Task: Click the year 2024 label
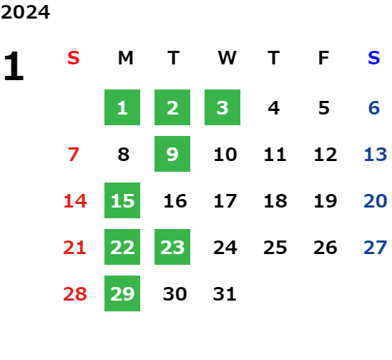coord(25,12)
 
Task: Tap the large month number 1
coord(14,66)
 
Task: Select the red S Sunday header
coord(74,58)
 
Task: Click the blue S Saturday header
coord(374,58)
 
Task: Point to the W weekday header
coord(227,58)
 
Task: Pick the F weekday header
coord(324,58)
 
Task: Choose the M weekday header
coord(125,58)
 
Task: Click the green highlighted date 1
coord(122,107)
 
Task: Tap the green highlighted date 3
coord(222,107)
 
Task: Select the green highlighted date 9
coord(172,154)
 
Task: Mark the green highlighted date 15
coord(122,200)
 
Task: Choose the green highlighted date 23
coord(172,247)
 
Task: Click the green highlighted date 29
coord(122,293)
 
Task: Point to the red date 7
coord(74,155)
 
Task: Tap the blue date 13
coord(376,155)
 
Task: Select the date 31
coord(225,294)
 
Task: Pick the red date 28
coord(75,294)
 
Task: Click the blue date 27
coord(376,248)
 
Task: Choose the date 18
coord(275,201)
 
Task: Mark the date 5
coord(324,108)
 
